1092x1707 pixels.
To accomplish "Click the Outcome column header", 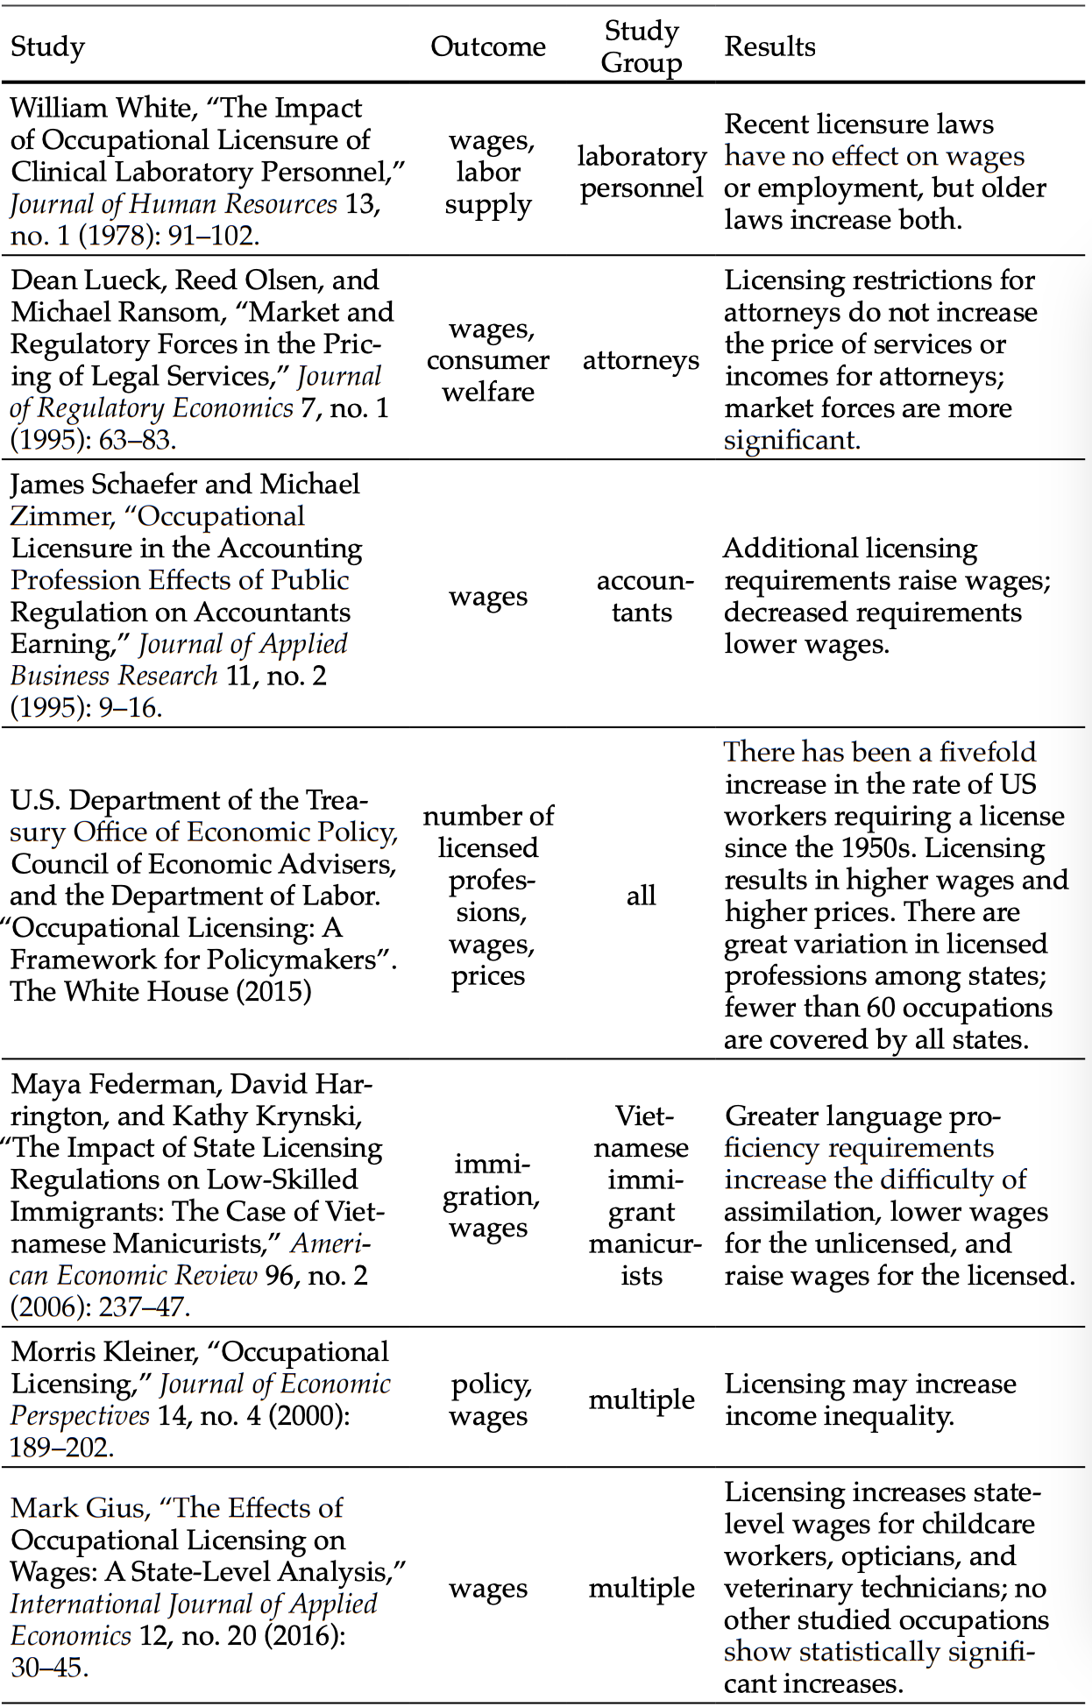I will (x=487, y=46).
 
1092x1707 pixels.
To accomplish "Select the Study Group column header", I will (x=642, y=46).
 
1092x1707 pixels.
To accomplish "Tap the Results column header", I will (x=769, y=46).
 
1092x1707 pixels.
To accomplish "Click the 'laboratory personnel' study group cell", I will (x=642, y=172).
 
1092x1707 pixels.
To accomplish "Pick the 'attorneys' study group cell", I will (x=641, y=360).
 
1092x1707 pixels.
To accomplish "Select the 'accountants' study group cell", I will (x=642, y=596).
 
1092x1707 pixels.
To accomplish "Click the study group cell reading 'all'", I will (x=641, y=895).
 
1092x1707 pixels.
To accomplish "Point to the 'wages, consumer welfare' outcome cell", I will (x=488, y=360).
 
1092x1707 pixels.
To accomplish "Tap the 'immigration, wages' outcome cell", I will (x=490, y=1195).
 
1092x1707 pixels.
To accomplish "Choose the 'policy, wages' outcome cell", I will (x=489, y=1399).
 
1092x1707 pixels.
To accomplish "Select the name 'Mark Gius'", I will (x=77, y=1508).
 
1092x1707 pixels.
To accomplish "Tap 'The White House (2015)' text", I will (x=160, y=991).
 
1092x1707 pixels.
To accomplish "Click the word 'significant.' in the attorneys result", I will (x=791, y=440).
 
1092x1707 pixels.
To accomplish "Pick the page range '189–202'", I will (x=59, y=1448).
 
